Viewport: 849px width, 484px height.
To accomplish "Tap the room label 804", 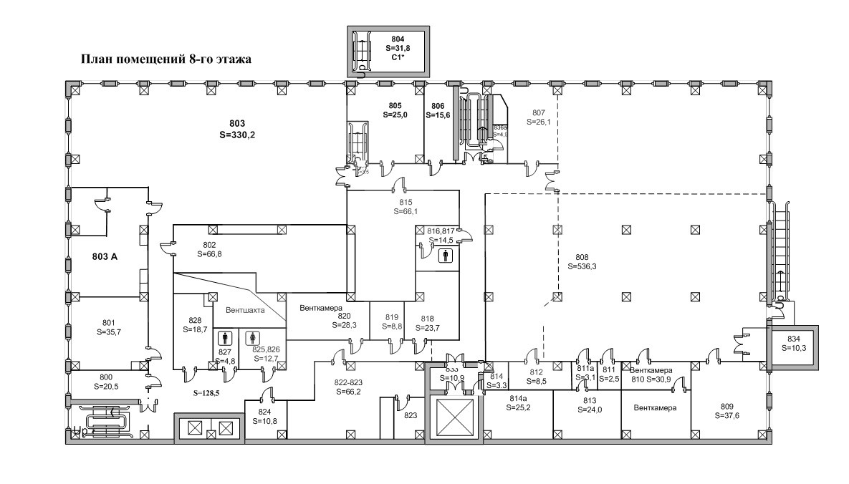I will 398,39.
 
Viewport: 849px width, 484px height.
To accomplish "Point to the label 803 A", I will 105,256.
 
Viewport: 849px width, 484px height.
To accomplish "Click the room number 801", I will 108,322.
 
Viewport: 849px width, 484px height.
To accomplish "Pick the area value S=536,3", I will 582,266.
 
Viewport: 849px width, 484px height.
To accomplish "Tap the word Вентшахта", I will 245,311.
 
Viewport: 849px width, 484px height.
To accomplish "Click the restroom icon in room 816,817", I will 446,253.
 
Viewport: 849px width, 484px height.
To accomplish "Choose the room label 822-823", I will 349,382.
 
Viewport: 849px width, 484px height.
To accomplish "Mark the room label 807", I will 539,112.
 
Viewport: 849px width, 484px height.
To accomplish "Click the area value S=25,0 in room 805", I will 395,115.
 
